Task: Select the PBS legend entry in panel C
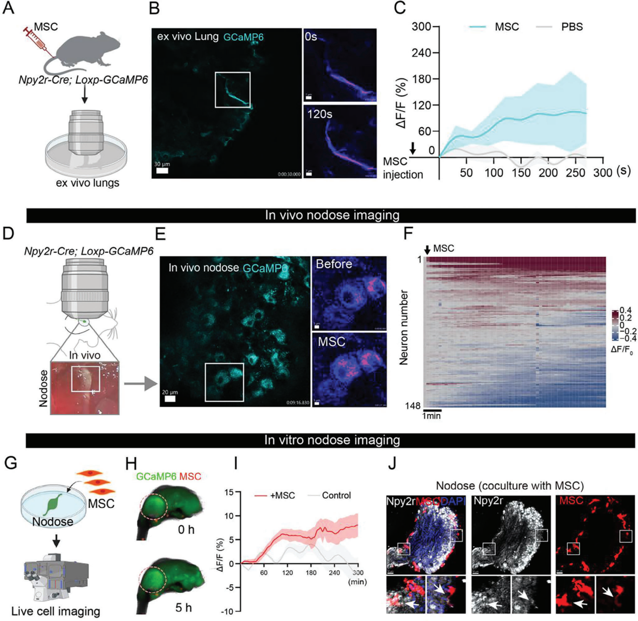572,27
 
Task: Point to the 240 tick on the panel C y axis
422,53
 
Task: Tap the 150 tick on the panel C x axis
521,173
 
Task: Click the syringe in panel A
35,40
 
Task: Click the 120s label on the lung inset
320,114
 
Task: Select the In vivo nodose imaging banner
332,215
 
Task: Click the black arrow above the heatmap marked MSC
427,250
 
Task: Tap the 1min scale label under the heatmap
431,416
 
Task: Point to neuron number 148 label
413,405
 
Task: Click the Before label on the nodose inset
333,264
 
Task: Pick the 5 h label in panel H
185,607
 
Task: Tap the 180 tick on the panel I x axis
311,572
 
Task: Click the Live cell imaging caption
55,611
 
